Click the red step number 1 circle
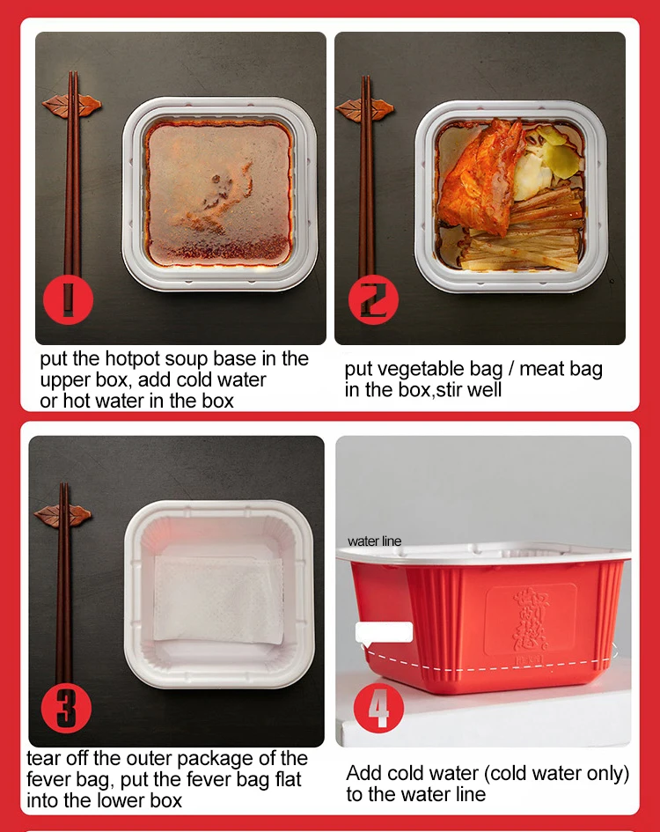click(x=68, y=300)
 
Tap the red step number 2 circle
click(x=373, y=300)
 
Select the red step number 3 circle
click(x=66, y=708)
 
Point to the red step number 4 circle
click(x=378, y=708)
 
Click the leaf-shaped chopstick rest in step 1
click(x=71, y=105)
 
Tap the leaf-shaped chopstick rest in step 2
click(x=365, y=109)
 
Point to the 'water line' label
click(x=374, y=541)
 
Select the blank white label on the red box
click(x=384, y=632)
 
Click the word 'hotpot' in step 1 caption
click(x=133, y=358)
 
